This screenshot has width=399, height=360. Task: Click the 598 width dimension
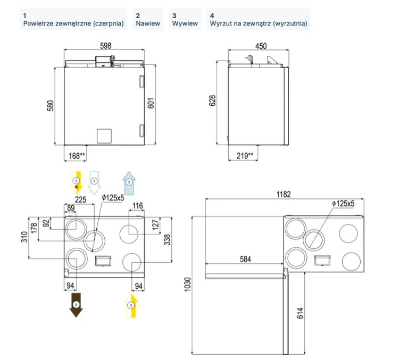106,46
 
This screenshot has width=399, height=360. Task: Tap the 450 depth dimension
261,46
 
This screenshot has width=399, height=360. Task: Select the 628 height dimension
212,101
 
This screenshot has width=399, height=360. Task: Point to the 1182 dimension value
284,195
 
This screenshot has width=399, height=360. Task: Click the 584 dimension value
245,259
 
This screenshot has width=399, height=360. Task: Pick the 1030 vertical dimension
187,284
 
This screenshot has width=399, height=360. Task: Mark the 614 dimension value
300,313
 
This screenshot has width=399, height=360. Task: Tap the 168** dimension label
77,156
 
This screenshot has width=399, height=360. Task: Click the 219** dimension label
245,156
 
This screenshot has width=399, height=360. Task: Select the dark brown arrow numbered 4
76,305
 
